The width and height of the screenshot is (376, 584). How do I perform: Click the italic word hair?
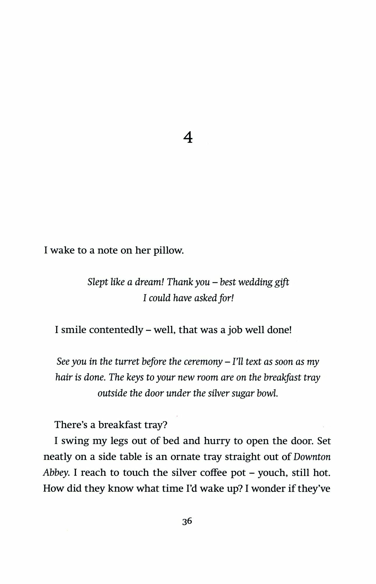(62, 378)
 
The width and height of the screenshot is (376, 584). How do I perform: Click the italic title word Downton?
(312, 457)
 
